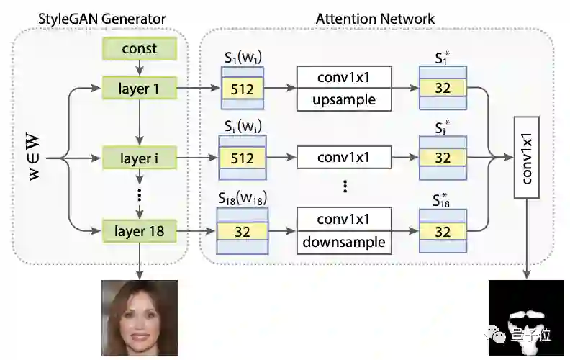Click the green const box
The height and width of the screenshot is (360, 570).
click(x=139, y=49)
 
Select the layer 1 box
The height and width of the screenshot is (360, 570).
click(x=139, y=89)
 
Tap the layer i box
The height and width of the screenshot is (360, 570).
click(x=139, y=157)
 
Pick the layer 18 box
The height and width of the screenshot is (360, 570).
click(x=139, y=231)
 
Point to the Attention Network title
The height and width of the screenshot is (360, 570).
click(x=375, y=18)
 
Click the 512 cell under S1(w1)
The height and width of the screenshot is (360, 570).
click(x=241, y=89)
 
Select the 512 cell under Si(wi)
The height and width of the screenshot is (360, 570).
click(x=241, y=158)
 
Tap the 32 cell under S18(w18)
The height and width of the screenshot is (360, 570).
click(x=241, y=231)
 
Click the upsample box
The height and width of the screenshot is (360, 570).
click(x=344, y=100)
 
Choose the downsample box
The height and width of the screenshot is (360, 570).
click(x=344, y=242)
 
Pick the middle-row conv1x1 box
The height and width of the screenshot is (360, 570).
click(x=344, y=157)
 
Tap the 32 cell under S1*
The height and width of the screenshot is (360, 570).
click(x=443, y=89)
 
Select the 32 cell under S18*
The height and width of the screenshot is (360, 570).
click(x=443, y=231)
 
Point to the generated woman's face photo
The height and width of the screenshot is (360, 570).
click(x=138, y=318)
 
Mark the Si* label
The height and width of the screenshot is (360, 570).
click(x=443, y=127)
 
